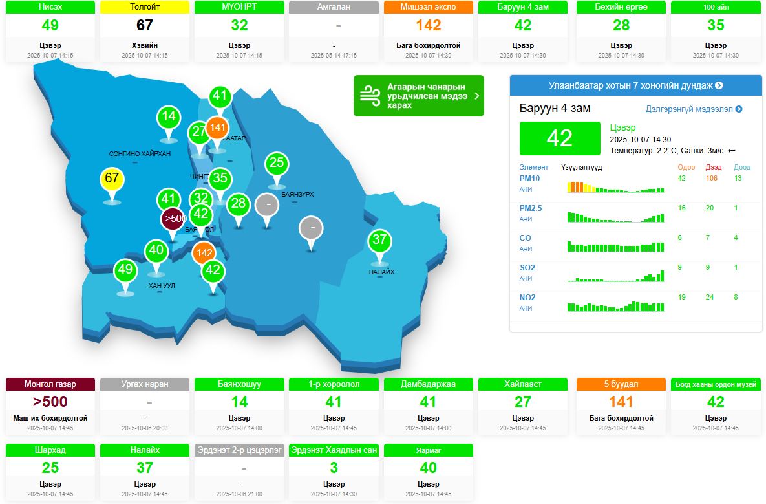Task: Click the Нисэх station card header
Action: [x=50, y=7]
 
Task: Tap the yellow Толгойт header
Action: [x=145, y=7]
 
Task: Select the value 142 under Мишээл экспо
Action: [x=429, y=25]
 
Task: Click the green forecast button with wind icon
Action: [x=418, y=96]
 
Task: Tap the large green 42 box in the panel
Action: [x=559, y=138]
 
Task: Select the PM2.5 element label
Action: [x=531, y=208]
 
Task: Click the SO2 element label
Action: [x=527, y=268]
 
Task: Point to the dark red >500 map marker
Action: [x=174, y=219]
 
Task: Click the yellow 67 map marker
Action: [x=112, y=178]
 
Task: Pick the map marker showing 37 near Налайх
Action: [x=379, y=240]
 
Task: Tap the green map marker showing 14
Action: [x=169, y=117]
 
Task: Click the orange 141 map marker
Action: [x=218, y=127]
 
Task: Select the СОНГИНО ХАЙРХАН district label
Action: [x=140, y=153]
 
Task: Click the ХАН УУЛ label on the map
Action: [x=162, y=285]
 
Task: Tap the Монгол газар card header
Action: [x=50, y=384]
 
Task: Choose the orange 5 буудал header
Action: [x=621, y=384]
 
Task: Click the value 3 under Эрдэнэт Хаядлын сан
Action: [x=334, y=468]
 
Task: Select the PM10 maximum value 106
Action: [x=712, y=179]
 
